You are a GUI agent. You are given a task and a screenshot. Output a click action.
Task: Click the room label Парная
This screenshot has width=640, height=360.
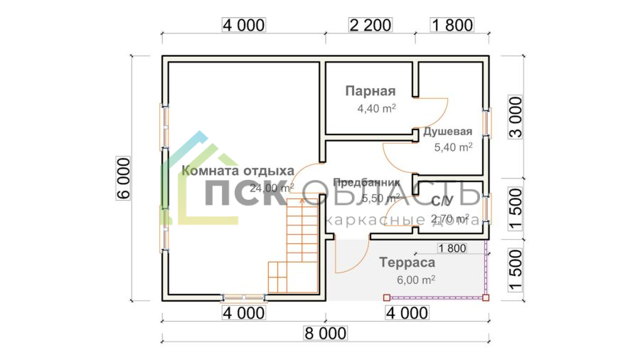370,91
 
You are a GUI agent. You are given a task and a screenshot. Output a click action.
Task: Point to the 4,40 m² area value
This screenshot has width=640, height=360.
376,109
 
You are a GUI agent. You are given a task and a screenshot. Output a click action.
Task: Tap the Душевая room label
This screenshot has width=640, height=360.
448,132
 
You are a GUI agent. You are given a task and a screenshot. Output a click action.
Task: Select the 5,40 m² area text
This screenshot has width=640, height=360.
453,147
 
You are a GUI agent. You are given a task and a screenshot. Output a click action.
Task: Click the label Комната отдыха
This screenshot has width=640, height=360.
238,171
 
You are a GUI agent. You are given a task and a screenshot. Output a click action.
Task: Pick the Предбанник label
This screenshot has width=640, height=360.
360,182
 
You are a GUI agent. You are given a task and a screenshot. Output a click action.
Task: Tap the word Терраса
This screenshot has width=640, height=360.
407,263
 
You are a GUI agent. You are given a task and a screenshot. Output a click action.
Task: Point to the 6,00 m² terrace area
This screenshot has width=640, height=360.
416,280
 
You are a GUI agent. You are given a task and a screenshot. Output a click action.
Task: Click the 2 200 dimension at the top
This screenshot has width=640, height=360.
370,26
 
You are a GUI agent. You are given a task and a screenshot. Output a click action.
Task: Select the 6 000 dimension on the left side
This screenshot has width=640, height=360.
122,178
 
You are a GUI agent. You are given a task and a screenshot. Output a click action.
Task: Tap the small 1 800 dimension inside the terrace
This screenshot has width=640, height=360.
452,248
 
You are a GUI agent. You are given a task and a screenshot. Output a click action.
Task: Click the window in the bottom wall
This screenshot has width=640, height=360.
243,297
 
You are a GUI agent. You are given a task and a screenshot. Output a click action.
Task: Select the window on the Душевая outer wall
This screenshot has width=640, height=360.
487,122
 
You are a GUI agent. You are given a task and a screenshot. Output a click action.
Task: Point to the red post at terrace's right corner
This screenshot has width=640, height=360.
486,297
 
